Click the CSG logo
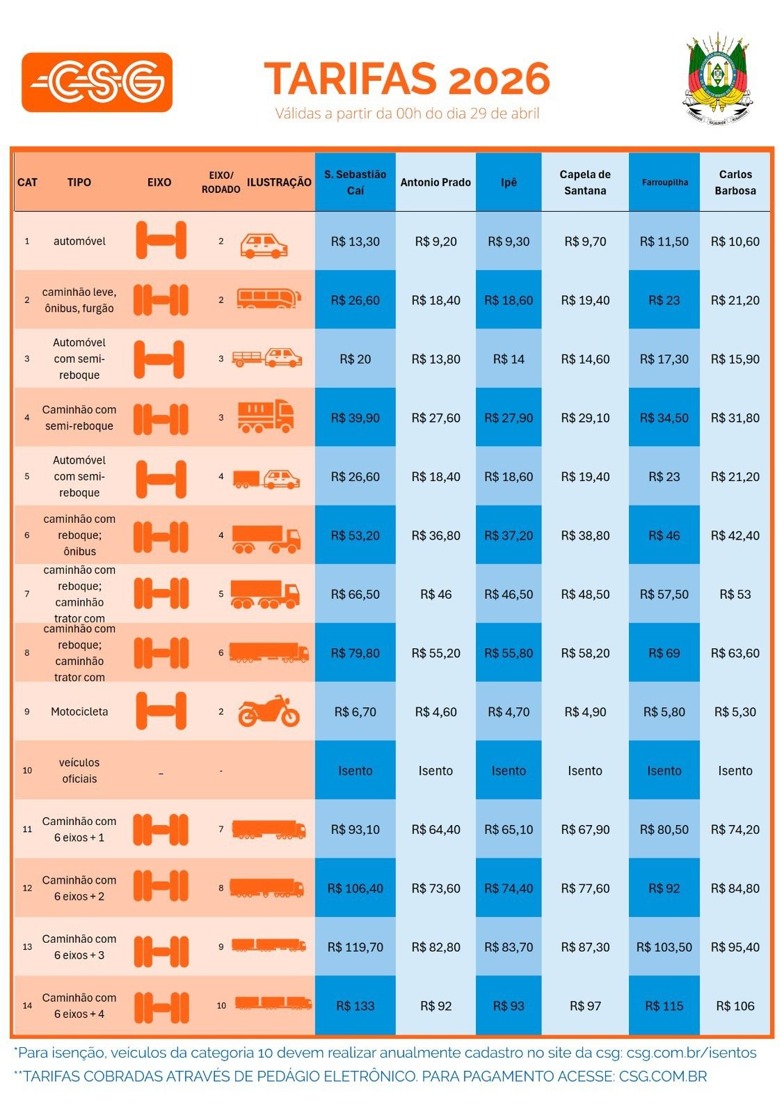click(x=97, y=82)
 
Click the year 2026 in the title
click(x=499, y=79)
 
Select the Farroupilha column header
click(x=664, y=182)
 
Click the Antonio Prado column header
click(x=435, y=182)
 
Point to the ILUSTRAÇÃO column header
click(x=279, y=182)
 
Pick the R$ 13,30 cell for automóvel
click(x=355, y=242)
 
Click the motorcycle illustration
click(x=269, y=711)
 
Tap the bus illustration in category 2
click(x=269, y=299)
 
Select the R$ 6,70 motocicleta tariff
click(x=355, y=712)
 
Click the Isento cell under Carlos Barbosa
click(x=735, y=771)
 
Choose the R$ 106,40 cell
click(x=355, y=888)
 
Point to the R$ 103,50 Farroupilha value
click(x=664, y=948)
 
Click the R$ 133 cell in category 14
click(x=355, y=1006)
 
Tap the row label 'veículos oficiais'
click(x=79, y=770)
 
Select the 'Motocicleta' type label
click(x=79, y=712)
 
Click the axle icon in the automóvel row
click(x=161, y=240)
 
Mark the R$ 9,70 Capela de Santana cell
click(x=585, y=242)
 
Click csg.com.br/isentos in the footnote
click(x=691, y=1053)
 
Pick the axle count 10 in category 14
click(x=221, y=1005)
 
